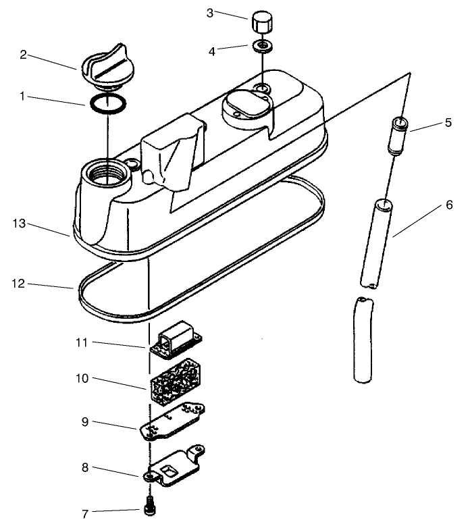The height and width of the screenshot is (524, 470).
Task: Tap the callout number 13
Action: pyautogui.click(x=20, y=224)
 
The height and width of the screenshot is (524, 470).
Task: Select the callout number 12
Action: pyautogui.click(x=20, y=284)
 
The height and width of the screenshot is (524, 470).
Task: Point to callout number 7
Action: pyautogui.click(x=85, y=514)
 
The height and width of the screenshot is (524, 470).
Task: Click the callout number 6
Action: pyautogui.click(x=449, y=205)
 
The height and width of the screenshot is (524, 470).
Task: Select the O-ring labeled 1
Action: pyautogui.click(x=107, y=105)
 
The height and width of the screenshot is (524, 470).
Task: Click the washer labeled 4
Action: pyautogui.click(x=261, y=47)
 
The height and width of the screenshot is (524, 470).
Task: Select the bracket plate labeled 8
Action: pyautogui.click(x=177, y=467)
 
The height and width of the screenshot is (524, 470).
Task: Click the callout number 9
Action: pyautogui.click(x=85, y=423)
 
